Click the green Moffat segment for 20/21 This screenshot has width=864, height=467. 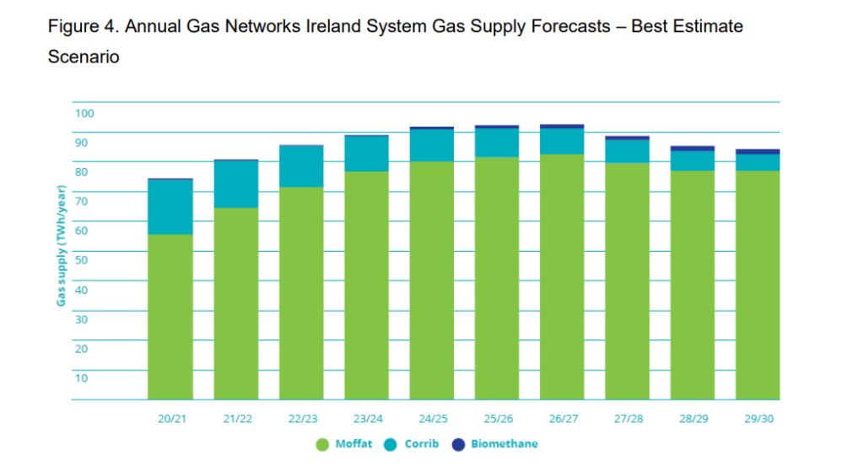coord(170,317)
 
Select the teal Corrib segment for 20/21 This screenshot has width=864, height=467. coord(170,207)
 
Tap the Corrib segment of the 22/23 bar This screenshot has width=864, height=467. coord(301,166)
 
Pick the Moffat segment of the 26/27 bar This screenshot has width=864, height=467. coord(562,276)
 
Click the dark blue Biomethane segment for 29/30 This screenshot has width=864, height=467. coord(758,152)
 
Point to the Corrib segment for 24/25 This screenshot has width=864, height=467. coord(432,145)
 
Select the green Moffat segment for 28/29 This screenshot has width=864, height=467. coord(693,285)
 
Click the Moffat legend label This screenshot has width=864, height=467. coord(354,444)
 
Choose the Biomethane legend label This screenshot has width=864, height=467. coord(504,444)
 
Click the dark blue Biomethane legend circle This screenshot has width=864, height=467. coord(459,444)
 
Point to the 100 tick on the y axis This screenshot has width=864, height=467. coord(84,114)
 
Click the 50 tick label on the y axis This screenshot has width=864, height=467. coord(81,260)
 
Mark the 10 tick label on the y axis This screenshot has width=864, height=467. coord(81,377)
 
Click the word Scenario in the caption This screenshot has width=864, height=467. coord(84,58)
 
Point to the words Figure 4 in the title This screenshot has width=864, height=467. coord(82,26)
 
